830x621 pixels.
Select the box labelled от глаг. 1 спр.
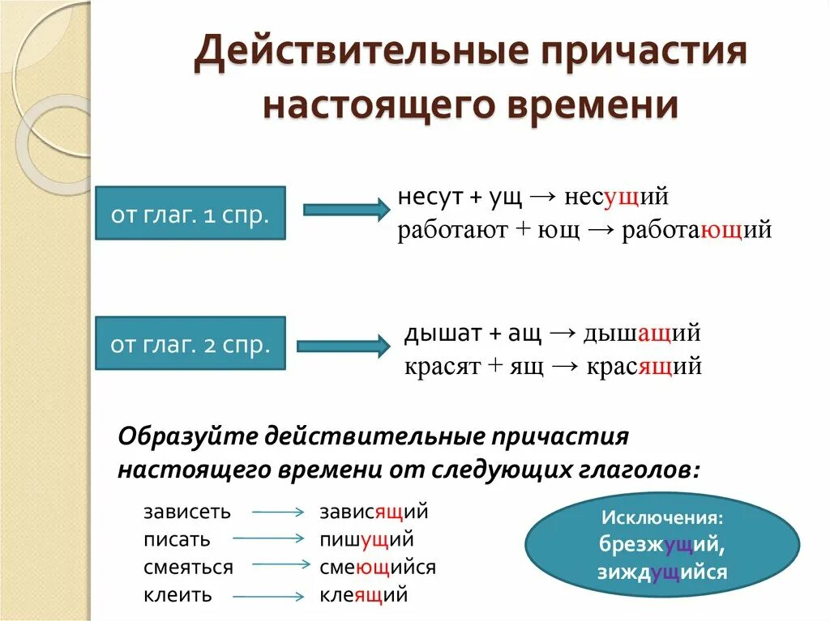(x=190, y=212)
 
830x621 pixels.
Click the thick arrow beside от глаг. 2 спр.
(x=345, y=346)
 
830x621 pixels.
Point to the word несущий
(x=617, y=197)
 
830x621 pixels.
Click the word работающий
(x=696, y=231)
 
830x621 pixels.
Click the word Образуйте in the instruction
(x=186, y=436)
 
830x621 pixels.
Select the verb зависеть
(x=187, y=512)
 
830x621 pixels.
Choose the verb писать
(x=177, y=539)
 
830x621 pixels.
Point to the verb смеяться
(x=188, y=568)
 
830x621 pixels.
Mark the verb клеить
(x=178, y=596)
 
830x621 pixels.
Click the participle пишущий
(x=366, y=539)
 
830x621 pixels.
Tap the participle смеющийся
(x=377, y=568)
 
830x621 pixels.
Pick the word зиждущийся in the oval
(x=663, y=572)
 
